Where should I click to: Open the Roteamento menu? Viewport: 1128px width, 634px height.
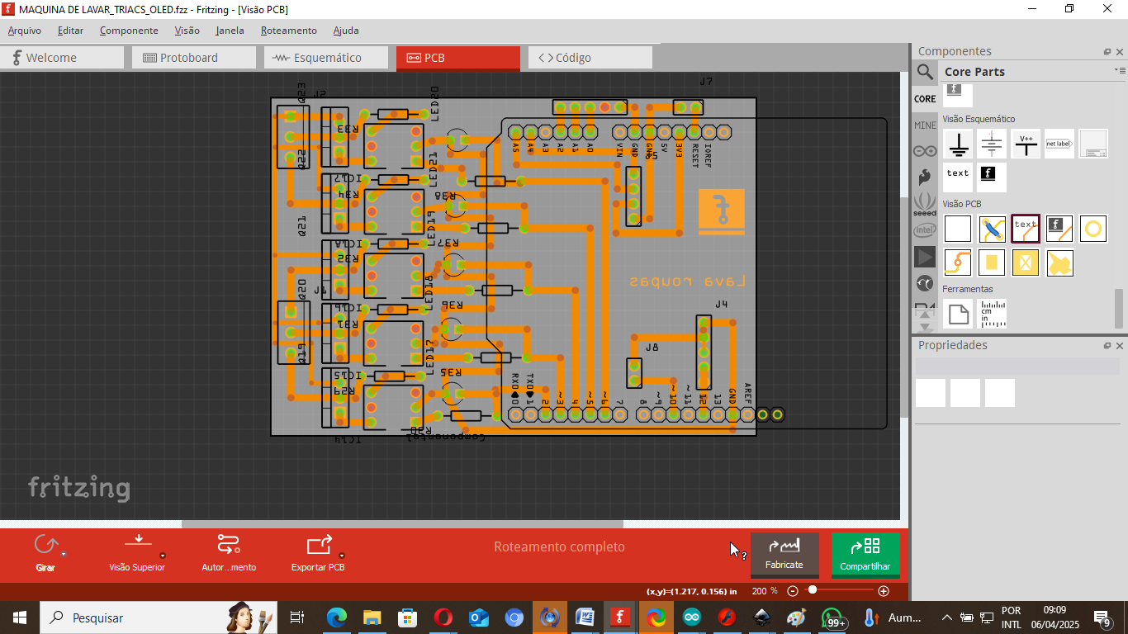pyautogui.click(x=288, y=31)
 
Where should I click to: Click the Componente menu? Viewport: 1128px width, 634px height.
pyautogui.click(x=129, y=31)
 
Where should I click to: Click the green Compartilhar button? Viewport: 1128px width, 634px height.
pyautogui.click(x=865, y=554)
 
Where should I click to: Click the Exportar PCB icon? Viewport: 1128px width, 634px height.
pyautogui.click(x=318, y=546)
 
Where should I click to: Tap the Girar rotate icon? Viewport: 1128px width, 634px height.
pyautogui.click(x=45, y=546)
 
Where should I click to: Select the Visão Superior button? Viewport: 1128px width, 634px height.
pyautogui.click(x=137, y=546)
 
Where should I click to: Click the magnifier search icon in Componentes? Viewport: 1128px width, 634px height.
pyautogui.click(x=925, y=72)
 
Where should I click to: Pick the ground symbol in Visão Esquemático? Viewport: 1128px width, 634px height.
pyautogui.click(x=958, y=144)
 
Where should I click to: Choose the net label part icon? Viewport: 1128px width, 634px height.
pyautogui.click(x=1059, y=144)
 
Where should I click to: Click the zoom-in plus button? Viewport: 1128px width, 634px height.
pyautogui.click(x=884, y=591)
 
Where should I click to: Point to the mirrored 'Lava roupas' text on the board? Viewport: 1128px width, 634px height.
pyautogui.click(x=687, y=282)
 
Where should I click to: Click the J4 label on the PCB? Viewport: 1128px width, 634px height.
pyautogui.click(x=722, y=305)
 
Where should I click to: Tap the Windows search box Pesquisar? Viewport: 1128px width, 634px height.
pyautogui.click(x=132, y=617)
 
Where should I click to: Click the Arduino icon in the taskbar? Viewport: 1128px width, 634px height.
pyautogui.click(x=691, y=617)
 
